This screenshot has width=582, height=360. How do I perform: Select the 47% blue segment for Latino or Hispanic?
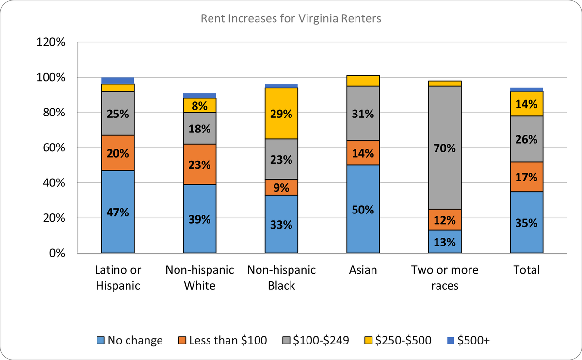point(118,212)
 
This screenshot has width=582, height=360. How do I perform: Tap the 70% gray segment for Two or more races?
point(445,148)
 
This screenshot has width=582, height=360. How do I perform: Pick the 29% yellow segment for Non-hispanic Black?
point(281,115)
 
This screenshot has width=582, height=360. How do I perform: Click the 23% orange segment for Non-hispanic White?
point(199,164)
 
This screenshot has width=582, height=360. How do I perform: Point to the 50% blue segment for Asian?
point(363,210)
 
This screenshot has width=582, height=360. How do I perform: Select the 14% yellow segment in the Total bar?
point(526,103)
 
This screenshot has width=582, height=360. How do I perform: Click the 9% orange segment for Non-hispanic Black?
point(281,187)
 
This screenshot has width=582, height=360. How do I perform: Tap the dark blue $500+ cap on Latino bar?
point(118,81)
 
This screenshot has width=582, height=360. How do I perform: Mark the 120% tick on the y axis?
point(51,42)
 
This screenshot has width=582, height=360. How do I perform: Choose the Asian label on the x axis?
point(363,270)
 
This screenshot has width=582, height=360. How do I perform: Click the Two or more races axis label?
point(445,278)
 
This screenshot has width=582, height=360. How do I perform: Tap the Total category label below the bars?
point(526,270)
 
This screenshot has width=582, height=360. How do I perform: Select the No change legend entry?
point(129,341)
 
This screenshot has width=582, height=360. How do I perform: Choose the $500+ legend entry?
point(469,341)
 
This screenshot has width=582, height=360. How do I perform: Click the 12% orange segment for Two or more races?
point(445,220)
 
